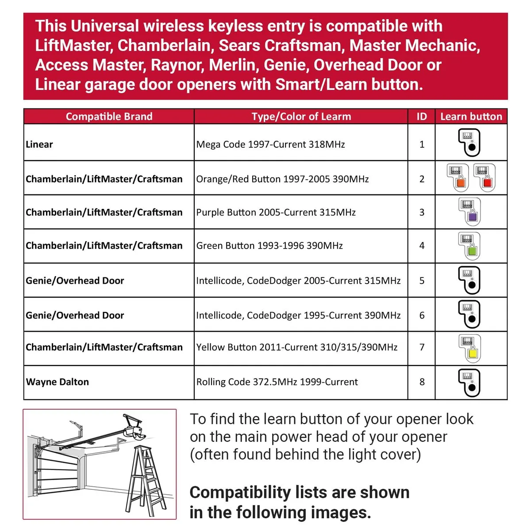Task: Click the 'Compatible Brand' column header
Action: point(109,116)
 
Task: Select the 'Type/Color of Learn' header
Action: point(301,116)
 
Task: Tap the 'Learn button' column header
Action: point(471,116)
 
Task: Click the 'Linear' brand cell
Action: point(39,144)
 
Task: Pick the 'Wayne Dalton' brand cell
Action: point(58,381)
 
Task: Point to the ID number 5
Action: point(422,281)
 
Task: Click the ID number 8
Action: point(422,381)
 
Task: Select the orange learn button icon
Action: point(458,177)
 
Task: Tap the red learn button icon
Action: point(484,177)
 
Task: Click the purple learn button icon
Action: point(470,212)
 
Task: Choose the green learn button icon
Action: point(469,246)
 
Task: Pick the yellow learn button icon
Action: point(470,348)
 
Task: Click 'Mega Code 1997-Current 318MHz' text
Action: point(270,144)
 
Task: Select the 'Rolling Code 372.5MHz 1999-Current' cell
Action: point(277,381)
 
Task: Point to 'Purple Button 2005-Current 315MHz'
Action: point(276,212)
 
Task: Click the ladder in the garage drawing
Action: point(146,481)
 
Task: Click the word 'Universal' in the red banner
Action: point(105,26)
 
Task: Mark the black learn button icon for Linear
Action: point(469,142)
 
